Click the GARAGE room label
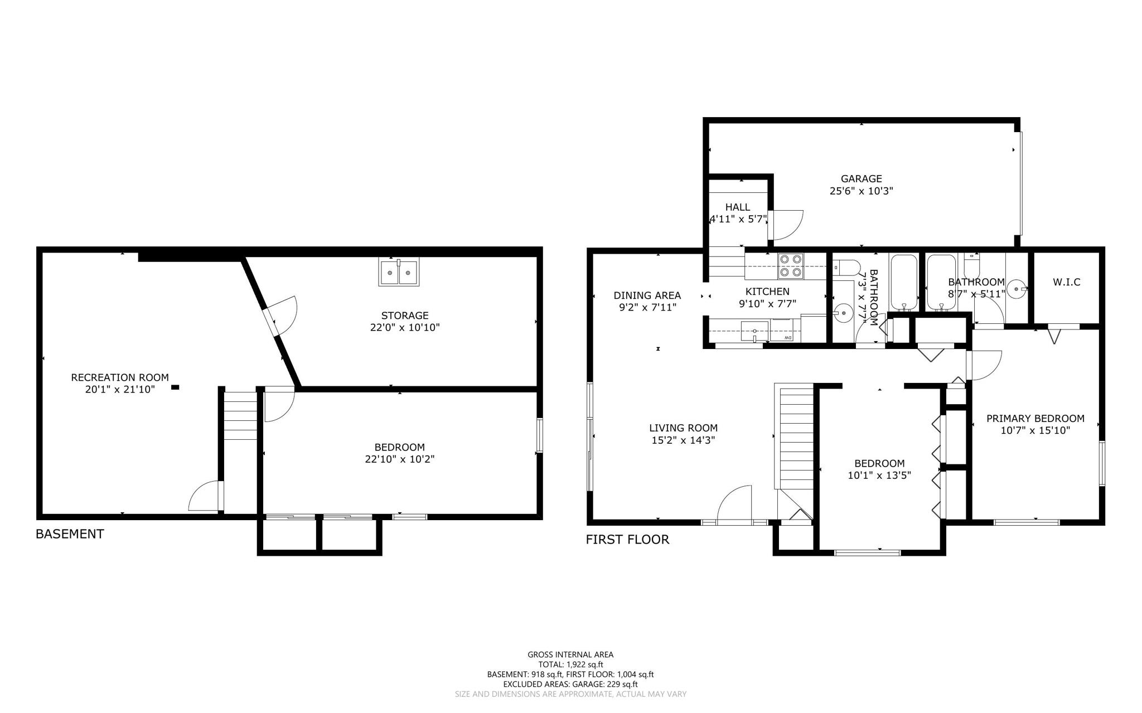[x=861, y=179]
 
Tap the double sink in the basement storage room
[x=399, y=272]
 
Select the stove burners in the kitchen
[x=791, y=266]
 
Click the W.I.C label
[x=1066, y=282]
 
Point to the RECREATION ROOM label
[x=120, y=377]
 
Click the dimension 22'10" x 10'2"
[x=399, y=459]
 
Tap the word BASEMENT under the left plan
[x=70, y=534]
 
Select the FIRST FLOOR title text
[x=627, y=540]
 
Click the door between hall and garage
[x=785, y=225]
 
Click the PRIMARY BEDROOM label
[x=1035, y=419]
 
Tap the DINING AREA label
[x=647, y=295]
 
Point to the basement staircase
[x=240, y=416]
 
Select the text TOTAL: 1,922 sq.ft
[x=570, y=665]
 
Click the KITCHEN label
[x=767, y=292]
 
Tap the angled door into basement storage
[x=281, y=316]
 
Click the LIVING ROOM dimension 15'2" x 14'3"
[x=683, y=440]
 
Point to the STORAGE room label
[x=405, y=316]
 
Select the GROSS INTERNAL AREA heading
[x=570, y=654]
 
